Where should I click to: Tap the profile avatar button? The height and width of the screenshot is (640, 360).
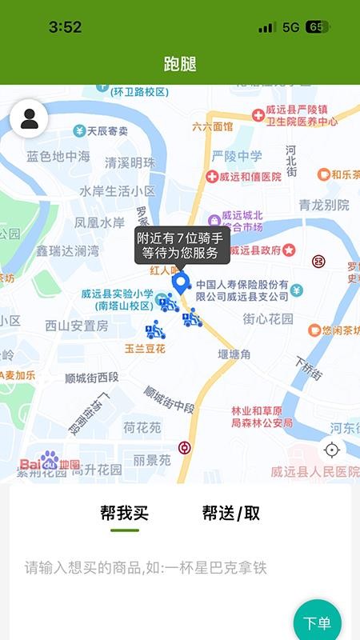(29, 119)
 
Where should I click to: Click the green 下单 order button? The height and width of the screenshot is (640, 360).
(318, 622)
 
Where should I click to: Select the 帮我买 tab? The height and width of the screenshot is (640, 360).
(125, 514)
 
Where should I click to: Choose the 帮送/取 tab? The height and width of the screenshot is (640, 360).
(230, 514)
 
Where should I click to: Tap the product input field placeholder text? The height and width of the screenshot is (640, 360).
(145, 569)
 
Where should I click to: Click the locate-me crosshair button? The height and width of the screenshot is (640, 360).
(332, 450)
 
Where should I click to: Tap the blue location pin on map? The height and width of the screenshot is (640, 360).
(182, 282)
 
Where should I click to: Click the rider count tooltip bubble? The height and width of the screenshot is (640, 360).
(182, 246)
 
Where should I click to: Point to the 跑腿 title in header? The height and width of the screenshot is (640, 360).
(180, 64)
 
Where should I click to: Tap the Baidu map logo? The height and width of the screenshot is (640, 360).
(50, 462)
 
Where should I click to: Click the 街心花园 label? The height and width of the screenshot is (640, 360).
(268, 318)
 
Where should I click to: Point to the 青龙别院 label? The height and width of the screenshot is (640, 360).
(324, 205)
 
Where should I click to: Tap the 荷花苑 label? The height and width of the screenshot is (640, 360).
(142, 428)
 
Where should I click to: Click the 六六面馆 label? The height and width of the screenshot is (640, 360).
(213, 126)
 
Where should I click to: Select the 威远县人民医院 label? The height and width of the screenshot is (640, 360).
(312, 470)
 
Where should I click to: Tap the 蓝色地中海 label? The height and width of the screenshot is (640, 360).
(58, 157)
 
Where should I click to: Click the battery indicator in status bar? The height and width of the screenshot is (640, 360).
(318, 27)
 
